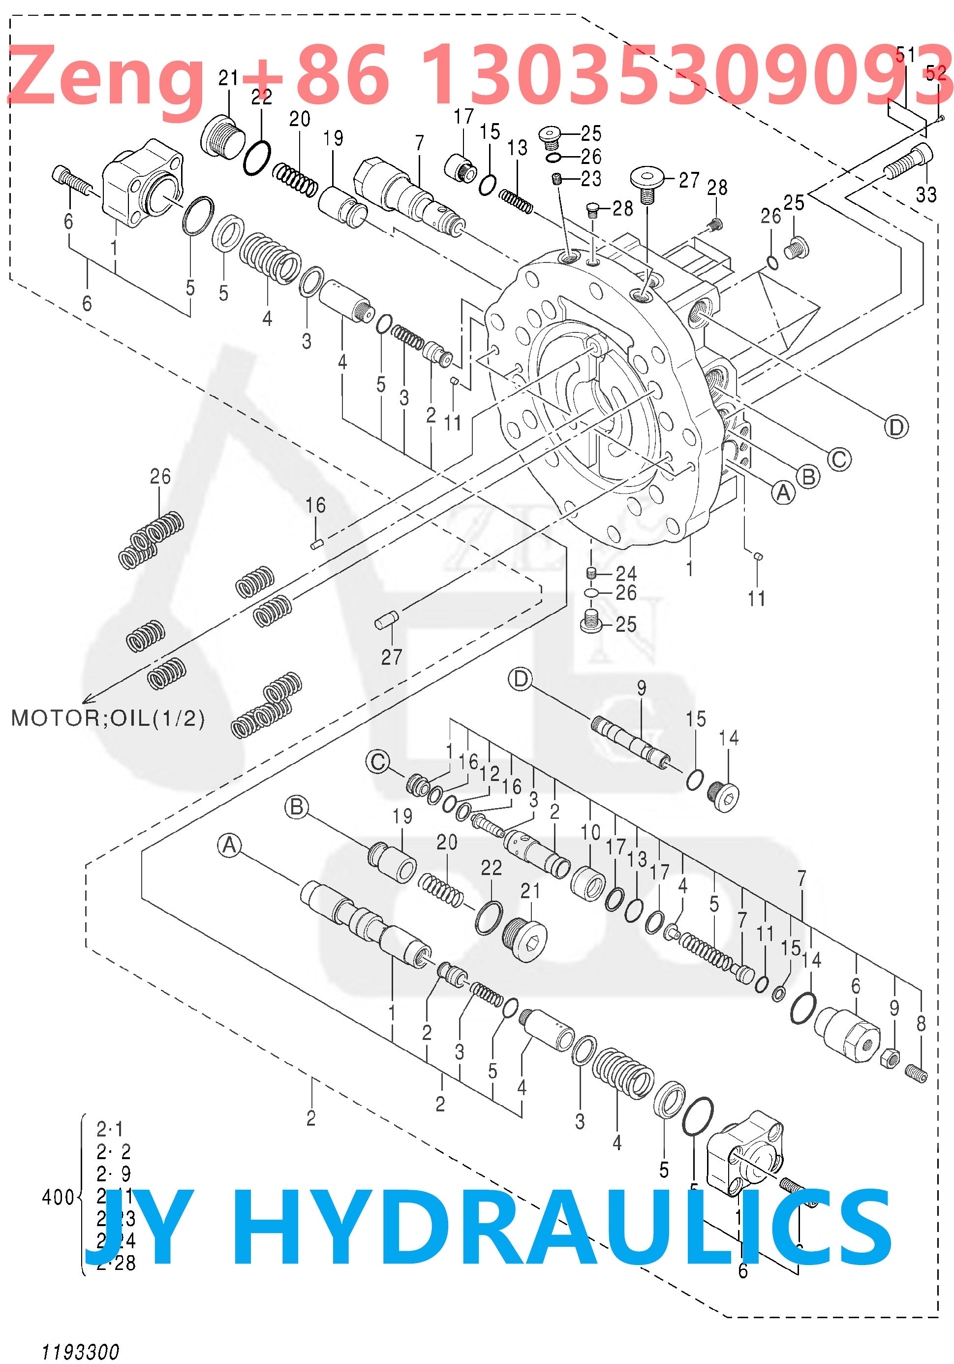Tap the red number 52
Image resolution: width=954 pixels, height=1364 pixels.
pos(936,72)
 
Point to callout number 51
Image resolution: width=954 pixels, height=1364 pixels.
pos(906,55)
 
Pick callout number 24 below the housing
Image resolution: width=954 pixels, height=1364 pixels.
pos(626,573)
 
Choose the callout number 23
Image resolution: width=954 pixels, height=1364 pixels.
pos(591,178)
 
